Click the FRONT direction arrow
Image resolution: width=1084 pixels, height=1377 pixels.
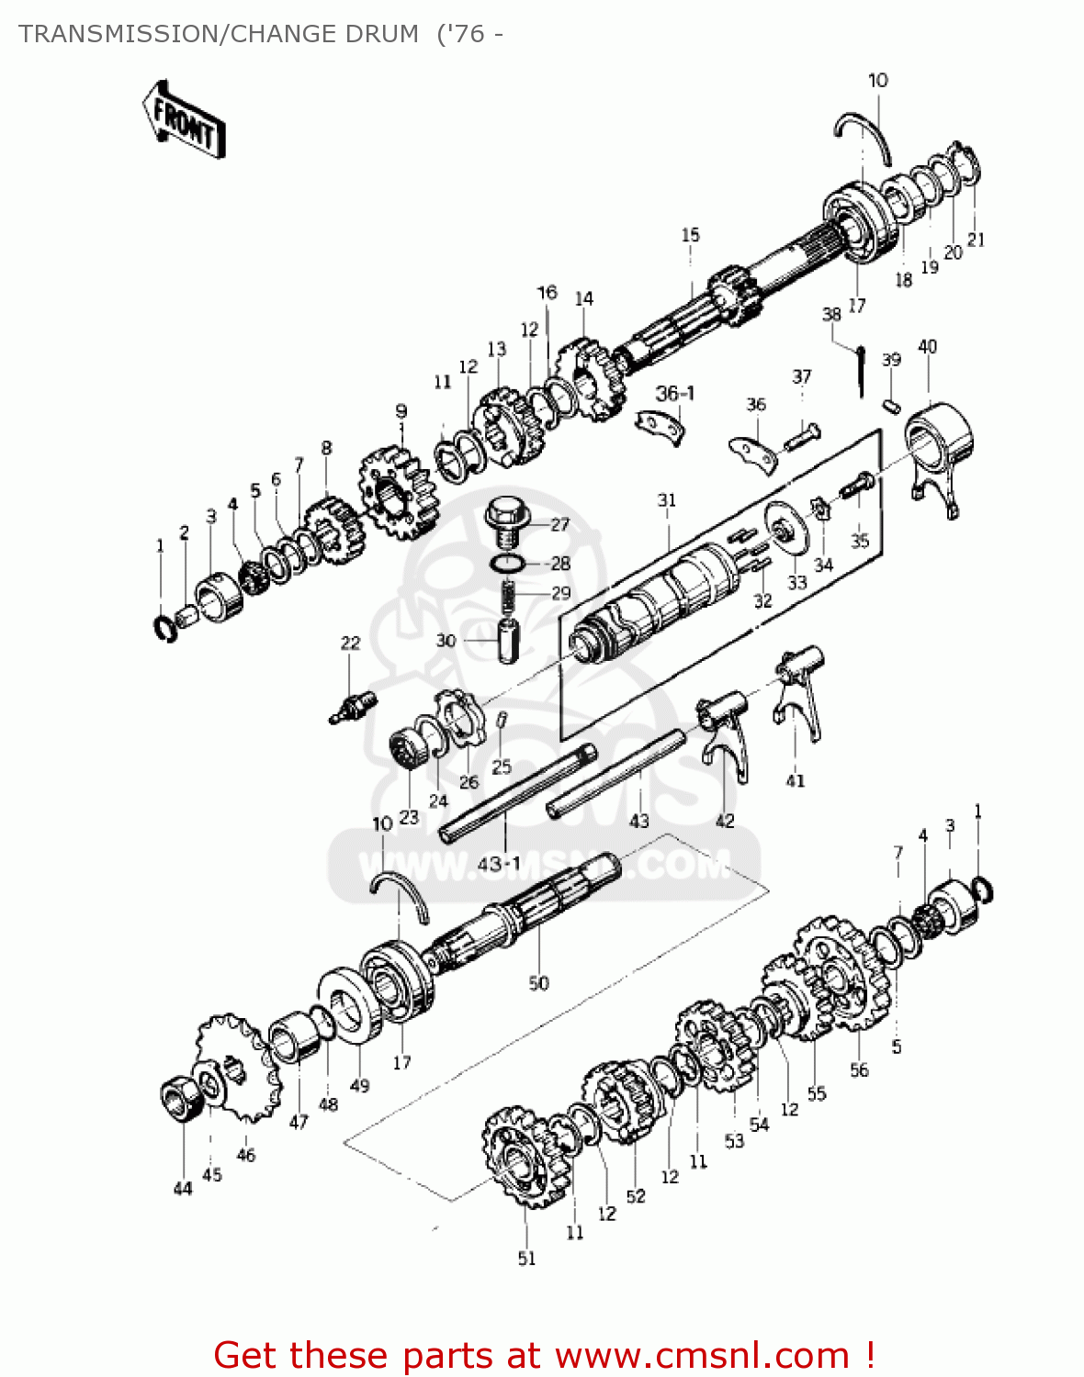click(184, 120)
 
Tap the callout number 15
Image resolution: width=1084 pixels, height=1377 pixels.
click(690, 235)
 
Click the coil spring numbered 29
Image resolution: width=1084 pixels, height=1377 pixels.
click(507, 595)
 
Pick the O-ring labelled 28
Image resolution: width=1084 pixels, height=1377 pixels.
click(507, 563)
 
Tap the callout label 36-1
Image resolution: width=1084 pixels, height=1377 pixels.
click(675, 393)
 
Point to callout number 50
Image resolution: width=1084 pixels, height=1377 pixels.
click(538, 983)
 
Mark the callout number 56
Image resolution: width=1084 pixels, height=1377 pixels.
click(859, 1069)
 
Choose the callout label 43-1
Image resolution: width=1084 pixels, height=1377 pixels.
click(499, 864)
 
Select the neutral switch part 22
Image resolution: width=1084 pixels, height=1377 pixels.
click(352, 708)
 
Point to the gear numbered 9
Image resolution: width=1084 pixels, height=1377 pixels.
click(397, 493)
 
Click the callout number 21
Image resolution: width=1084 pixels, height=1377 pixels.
click(976, 240)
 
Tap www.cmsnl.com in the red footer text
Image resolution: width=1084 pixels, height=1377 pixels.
click(703, 1355)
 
